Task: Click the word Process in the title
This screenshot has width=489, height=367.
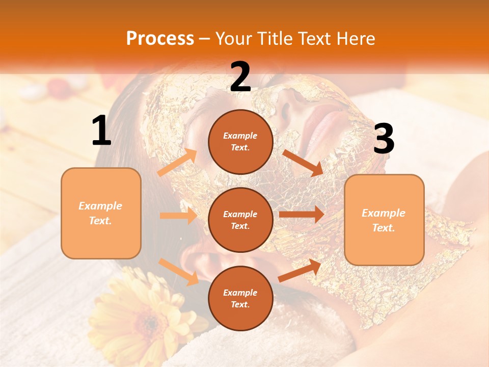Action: (x=160, y=39)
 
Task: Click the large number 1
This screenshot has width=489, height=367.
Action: (x=101, y=131)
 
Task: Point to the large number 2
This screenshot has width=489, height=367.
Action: (x=240, y=77)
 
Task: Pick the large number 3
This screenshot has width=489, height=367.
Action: (x=384, y=139)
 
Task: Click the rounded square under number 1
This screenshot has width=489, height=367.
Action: (x=101, y=213)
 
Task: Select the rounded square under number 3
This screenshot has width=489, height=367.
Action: (x=384, y=220)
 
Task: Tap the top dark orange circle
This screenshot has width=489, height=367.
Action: (x=240, y=142)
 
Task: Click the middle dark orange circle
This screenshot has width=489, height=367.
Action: (x=240, y=220)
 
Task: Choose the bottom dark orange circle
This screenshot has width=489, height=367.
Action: (x=240, y=298)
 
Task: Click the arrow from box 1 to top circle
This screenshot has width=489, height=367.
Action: (x=177, y=163)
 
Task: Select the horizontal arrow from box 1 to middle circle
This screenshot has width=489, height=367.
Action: (x=178, y=216)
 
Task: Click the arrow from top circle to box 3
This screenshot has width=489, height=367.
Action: (x=303, y=163)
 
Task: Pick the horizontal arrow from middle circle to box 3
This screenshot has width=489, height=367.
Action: (x=301, y=215)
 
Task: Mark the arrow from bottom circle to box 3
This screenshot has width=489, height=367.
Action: (x=300, y=271)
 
